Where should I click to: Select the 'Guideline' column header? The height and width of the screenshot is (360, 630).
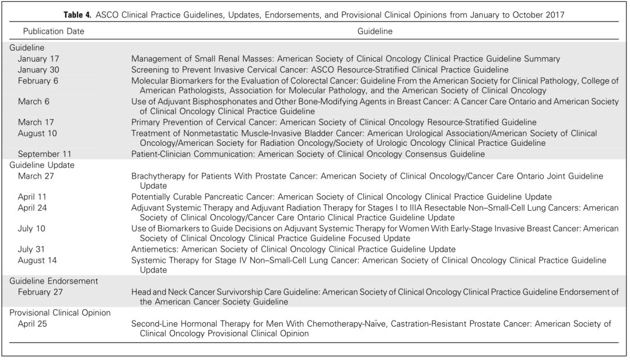pyautogui.click(x=374, y=31)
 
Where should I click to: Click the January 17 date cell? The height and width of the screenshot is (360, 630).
pyautogui.click(x=38, y=59)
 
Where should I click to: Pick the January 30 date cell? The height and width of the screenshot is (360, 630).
pyautogui.click(x=38, y=69)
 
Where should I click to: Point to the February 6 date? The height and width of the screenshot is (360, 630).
pyautogui.click(x=38, y=81)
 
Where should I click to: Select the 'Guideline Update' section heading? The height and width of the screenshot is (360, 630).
pyautogui.click(x=41, y=165)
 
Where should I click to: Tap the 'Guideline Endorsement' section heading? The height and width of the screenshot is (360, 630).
pyautogui.click(x=53, y=281)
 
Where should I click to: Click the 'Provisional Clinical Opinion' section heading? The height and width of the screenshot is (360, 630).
pyautogui.click(x=60, y=313)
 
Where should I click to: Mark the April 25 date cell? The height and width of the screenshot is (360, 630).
pyautogui.click(x=32, y=323)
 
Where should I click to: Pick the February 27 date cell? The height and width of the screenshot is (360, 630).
pyautogui.click(x=40, y=292)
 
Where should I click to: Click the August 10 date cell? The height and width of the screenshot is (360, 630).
pyautogui.click(x=37, y=133)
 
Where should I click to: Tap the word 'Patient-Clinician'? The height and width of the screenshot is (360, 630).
pyautogui.click(x=165, y=154)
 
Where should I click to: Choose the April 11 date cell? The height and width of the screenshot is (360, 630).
pyautogui.click(x=32, y=197)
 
